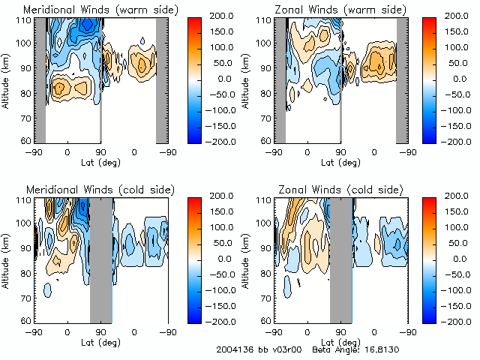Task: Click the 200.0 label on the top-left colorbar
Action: point(225,16)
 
